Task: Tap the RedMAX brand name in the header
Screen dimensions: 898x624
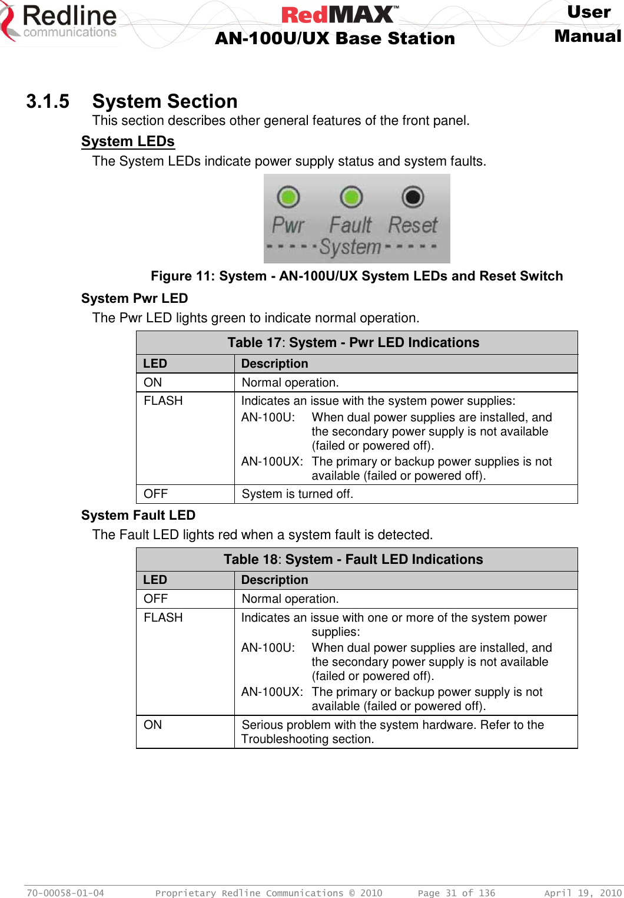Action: click(340, 14)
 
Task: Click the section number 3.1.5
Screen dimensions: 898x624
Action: click(48, 101)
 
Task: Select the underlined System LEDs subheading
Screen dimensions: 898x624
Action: click(128, 141)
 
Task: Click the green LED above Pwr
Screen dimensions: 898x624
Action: click(288, 197)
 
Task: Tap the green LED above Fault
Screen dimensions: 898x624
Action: click(351, 197)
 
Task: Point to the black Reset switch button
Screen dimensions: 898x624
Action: click(413, 197)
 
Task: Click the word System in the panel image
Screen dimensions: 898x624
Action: click(351, 247)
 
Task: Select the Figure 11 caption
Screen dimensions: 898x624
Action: click(357, 276)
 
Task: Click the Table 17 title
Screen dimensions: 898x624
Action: click(353, 342)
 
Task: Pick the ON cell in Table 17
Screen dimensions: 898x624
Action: click(153, 382)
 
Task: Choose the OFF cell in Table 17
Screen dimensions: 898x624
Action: click(156, 494)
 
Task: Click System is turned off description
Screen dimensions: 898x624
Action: click(297, 494)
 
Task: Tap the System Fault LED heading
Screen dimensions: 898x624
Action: click(138, 515)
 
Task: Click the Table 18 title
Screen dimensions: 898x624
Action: click(353, 559)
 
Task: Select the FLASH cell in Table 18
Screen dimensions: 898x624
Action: click(163, 618)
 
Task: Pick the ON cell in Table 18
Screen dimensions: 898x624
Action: click(153, 725)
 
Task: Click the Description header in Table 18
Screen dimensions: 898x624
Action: click(274, 580)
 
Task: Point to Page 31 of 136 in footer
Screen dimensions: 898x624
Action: click(456, 893)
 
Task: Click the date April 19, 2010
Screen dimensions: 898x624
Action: click(582, 893)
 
